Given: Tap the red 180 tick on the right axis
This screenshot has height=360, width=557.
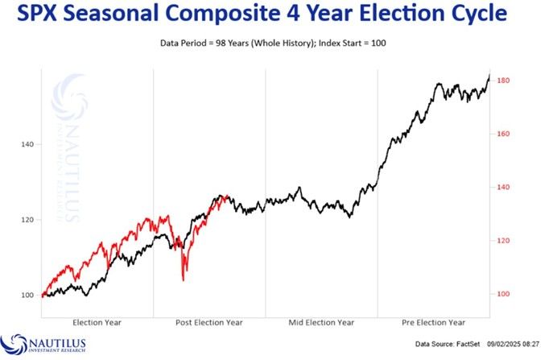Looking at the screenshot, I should point(505,81).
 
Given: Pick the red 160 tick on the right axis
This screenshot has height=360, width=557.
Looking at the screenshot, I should point(505,134).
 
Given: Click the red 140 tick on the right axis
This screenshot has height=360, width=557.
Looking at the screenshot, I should point(505,188).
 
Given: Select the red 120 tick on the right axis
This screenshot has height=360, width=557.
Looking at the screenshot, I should point(505,241).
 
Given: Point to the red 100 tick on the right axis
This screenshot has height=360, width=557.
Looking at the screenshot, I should point(505,295).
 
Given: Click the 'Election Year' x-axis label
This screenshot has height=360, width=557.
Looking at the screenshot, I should point(97,322).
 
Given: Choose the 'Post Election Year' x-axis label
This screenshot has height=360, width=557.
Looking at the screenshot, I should point(208,322).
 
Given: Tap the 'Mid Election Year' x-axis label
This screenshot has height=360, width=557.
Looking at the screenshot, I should point(321,322).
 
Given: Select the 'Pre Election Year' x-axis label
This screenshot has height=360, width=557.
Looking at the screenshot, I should point(433,322).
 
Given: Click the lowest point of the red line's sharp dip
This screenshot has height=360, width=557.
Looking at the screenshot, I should point(184,279).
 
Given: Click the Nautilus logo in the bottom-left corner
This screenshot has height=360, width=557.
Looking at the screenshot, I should point(43,344).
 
